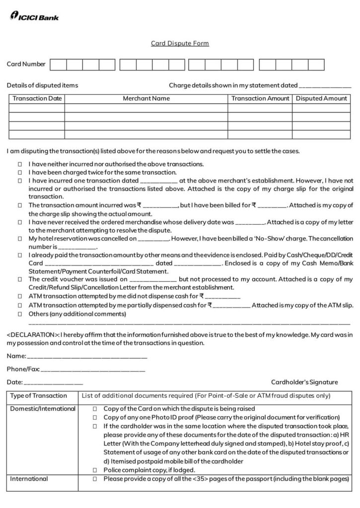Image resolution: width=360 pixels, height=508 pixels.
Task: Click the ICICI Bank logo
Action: [34, 17]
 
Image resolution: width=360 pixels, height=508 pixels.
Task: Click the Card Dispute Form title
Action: [180, 44]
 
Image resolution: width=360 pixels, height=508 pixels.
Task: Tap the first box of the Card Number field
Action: [58, 64]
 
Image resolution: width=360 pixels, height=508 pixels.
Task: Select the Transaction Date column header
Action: [37, 99]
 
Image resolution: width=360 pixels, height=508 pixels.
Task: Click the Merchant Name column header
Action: [146, 99]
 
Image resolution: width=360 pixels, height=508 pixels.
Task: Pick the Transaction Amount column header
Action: [260, 99]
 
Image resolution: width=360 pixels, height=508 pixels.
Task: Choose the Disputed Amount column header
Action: [321, 99]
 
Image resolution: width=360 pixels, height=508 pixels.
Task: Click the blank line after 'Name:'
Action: [87, 356]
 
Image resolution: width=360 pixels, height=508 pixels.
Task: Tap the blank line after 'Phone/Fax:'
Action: [93, 370]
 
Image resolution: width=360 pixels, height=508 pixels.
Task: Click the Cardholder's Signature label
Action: [304, 382]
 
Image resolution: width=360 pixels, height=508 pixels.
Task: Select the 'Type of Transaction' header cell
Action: [39, 396]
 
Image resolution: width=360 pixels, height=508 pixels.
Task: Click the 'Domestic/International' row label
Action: [43, 409]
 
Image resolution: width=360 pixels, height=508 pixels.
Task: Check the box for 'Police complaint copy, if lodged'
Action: [95, 470]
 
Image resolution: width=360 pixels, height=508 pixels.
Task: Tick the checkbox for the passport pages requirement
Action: [95, 479]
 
